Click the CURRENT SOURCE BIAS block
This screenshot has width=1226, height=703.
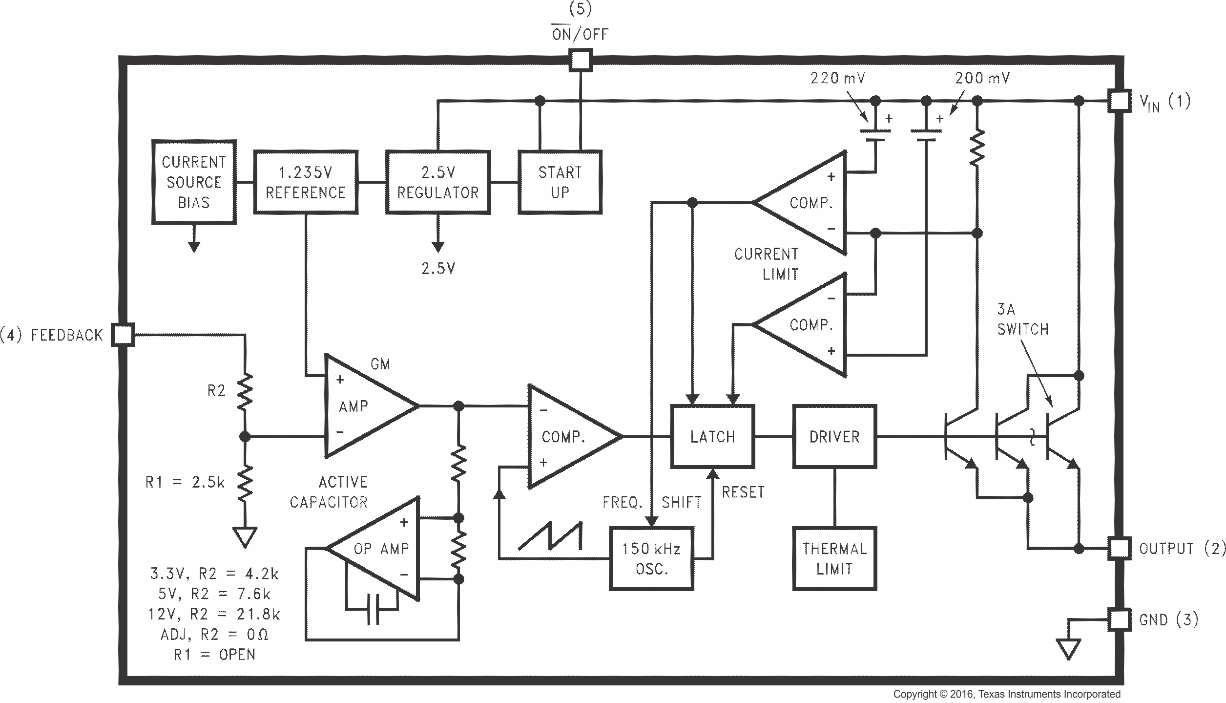coord(194,182)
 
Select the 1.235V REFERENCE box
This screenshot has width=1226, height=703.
coord(306,182)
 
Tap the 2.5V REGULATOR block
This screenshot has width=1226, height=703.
coord(438,182)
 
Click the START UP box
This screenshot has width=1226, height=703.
coord(560,182)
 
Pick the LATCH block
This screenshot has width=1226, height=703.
coord(712,436)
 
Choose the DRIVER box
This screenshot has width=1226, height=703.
coord(834,436)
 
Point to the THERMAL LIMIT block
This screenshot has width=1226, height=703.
coord(834,558)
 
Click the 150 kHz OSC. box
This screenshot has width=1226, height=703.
coord(651,558)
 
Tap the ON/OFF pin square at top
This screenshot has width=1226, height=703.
coord(580,61)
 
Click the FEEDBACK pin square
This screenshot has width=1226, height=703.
coord(123,335)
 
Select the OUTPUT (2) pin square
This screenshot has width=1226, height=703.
coord(1119,548)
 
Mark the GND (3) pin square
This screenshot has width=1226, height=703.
coord(1119,619)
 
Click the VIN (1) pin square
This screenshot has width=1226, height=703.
coord(1119,101)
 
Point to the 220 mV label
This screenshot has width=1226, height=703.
coord(838,78)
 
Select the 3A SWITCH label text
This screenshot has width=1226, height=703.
coord(1022,320)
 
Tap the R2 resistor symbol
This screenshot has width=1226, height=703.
coord(245,391)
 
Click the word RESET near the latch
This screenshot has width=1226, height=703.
coord(743,492)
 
